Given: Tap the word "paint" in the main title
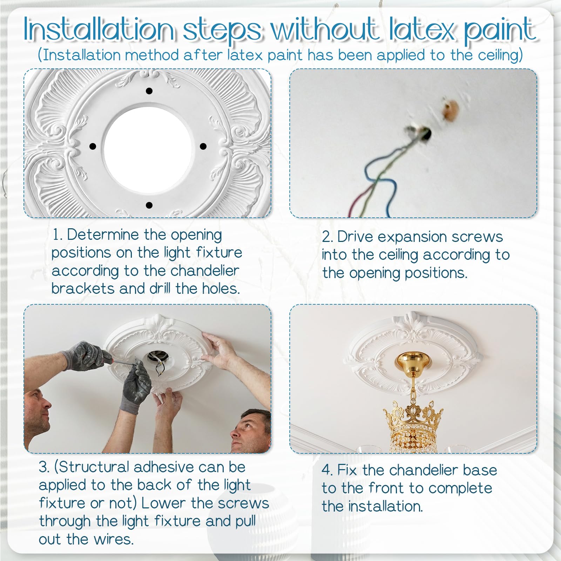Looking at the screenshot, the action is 500,31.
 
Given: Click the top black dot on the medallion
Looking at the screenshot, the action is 149,91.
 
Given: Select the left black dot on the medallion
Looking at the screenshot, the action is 93,146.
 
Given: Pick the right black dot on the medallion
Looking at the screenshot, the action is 203,146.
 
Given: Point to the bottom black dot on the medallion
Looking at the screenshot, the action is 149,205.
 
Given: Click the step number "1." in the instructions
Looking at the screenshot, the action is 57,235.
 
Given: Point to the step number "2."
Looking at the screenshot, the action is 327,237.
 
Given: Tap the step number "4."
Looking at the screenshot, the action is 327,470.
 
